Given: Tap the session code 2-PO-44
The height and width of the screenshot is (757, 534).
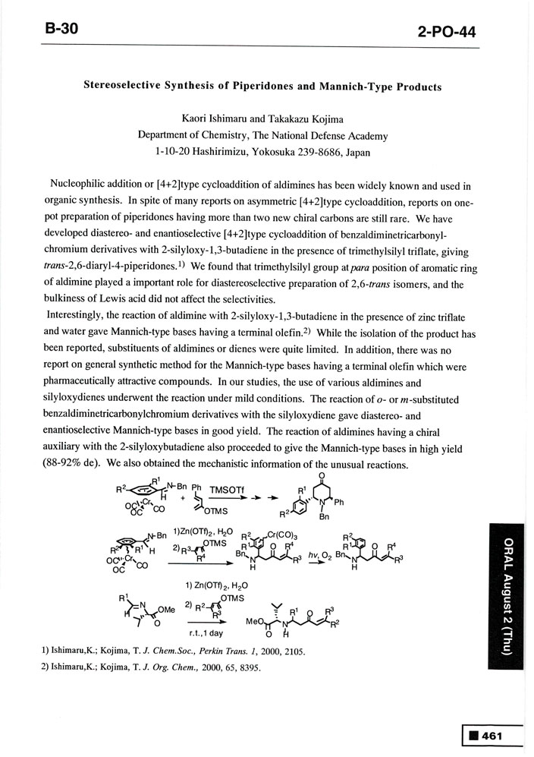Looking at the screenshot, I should [x=448, y=33].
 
